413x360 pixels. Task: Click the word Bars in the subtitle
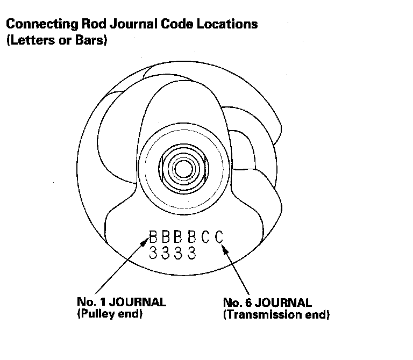[92, 41]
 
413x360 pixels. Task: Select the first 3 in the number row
[153, 253]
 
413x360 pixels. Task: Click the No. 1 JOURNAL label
[122, 301]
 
